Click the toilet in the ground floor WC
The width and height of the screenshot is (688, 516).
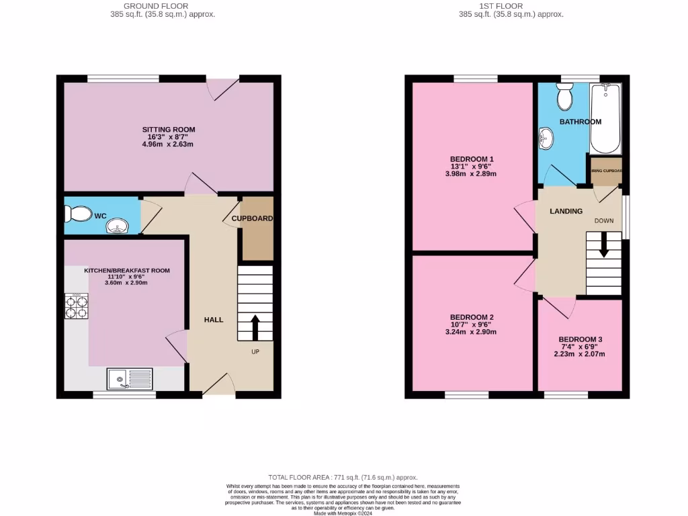[x=77, y=214]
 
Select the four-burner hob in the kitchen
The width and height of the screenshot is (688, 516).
[x=76, y=306]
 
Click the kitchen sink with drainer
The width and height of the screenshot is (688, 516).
[x=129, y=380]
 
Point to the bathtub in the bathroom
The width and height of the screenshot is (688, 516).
[x=605, y=119]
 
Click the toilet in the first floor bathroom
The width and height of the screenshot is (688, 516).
[x=564, y=97]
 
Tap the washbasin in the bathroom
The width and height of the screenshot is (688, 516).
[x=545, y=138]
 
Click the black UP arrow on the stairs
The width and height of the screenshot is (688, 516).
[x=255, y=327]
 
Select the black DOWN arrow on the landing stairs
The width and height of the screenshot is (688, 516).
[x=603, y=244]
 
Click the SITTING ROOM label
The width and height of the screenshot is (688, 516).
[x=168, y=130]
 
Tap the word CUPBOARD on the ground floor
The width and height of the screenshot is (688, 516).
[x=252, y=218]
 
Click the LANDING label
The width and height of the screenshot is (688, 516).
[x=566, y=211]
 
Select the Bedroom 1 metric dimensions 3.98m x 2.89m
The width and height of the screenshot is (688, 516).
[x=471, y=173]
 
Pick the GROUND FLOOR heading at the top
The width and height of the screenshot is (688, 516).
[x=163, y=6]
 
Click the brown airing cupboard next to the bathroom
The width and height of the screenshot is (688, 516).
[x=606, y=171]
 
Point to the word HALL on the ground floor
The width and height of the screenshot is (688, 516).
[x=214, y=320]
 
